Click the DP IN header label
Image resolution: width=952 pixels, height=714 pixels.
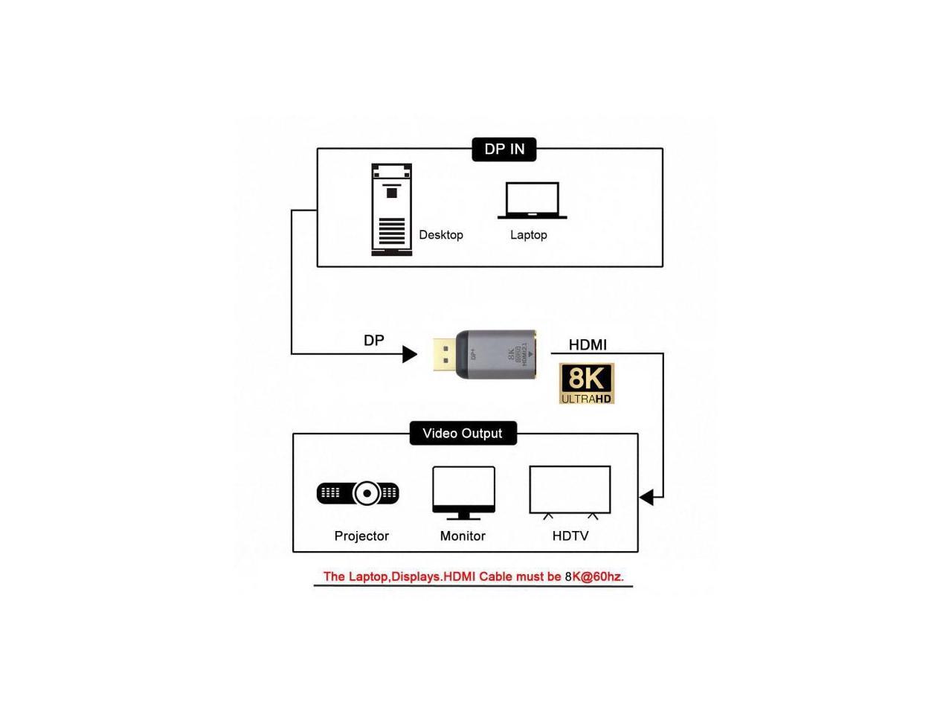point(504,149)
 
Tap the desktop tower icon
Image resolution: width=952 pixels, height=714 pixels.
point(391,210)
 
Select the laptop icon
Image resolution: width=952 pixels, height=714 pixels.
point(532,201)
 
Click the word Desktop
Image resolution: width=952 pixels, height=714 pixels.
point(441,235)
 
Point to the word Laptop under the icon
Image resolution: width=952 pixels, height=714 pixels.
point(528,235)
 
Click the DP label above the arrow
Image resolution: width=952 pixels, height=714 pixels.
point(374,341)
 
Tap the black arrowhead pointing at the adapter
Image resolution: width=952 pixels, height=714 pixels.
point(409,354)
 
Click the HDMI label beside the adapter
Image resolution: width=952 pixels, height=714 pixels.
point(588,345)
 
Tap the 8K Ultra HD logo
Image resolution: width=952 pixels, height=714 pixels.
point(587,384)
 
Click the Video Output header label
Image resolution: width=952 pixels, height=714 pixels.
point(463,434)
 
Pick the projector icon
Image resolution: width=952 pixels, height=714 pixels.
point(358,493)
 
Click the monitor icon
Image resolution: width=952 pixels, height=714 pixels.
point(463,492)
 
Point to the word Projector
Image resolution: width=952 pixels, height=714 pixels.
point(361,536)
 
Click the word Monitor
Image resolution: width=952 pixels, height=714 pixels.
point(463,536)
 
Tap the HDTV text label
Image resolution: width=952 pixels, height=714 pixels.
point(570,536)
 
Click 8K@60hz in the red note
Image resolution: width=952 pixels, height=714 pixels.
point(594,576)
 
